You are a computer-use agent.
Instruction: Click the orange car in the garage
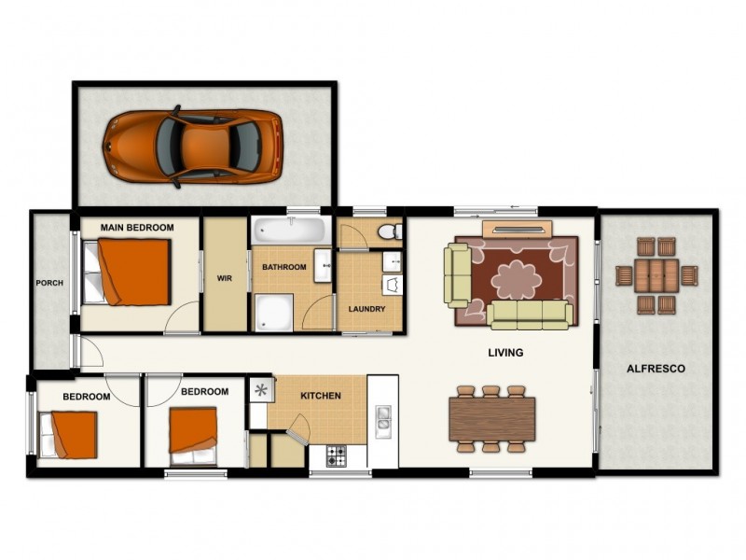(x=193, y=147)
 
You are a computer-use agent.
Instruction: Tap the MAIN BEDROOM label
(x=137, y=228)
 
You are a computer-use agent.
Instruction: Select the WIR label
(x=225, y=278)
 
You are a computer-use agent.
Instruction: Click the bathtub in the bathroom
(x=291, y=230)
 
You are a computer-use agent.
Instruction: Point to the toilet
(x=390, y=231)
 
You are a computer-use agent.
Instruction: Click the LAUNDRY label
(x=366, y=309)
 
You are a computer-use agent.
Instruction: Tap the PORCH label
(x=49, y=283)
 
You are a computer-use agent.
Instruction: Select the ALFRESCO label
(x=656, y=369)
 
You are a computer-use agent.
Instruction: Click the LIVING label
(x=505, y=353)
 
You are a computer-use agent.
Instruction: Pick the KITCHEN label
(x=321, y=396)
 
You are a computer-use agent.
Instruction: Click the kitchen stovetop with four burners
(x=337, y=455)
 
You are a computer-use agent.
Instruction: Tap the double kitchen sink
(x=383, y=422)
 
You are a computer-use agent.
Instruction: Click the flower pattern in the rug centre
(x=517, y=279)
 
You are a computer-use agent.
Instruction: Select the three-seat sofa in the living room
(x=530, y=315)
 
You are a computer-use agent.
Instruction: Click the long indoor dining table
(x=492, y=419)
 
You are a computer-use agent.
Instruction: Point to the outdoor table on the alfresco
(x=656, y=275)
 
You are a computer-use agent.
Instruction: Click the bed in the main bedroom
(x=127, y=273)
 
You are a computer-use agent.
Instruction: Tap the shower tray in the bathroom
(x=273, y=313)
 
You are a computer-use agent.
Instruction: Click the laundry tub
(x=393, y=285)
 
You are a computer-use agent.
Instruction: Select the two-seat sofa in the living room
(x=457, y=275)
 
